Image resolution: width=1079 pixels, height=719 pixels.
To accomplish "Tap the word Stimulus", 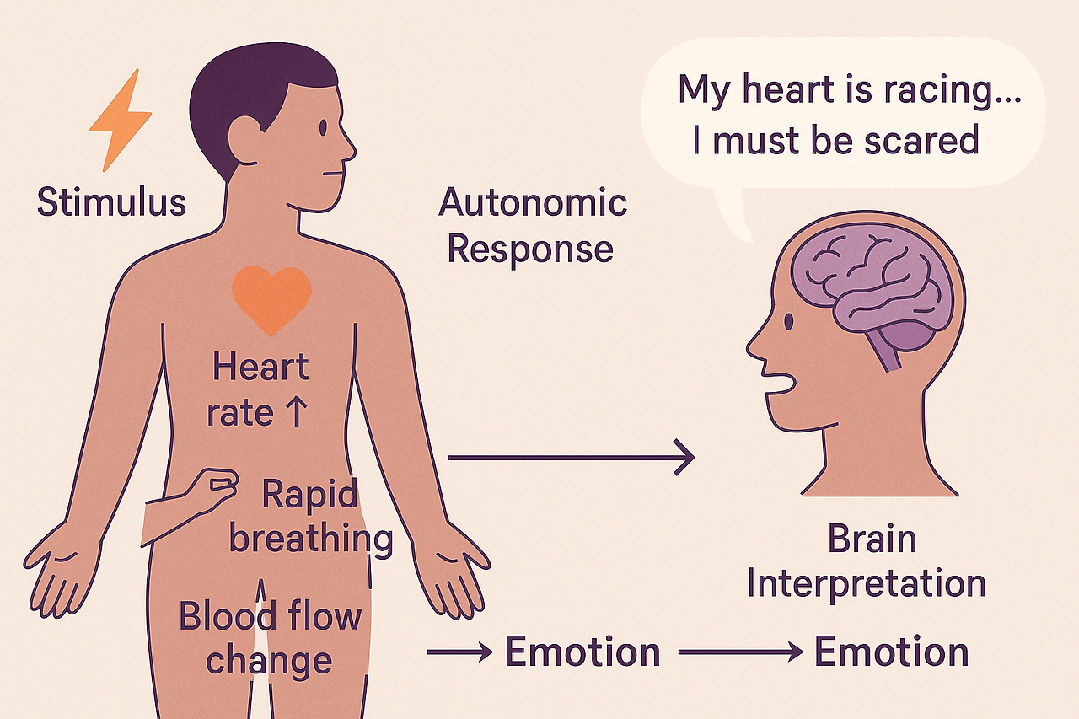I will tap(111, 202).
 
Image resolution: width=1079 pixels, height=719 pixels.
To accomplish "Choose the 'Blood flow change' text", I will tap(269, 638).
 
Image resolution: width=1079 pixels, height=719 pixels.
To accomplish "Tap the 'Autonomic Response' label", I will tap(533, 226).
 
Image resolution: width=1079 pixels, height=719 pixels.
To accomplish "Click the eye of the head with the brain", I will tap(788, 322).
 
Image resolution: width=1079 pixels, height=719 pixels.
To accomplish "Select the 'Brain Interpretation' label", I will tap(867, 561).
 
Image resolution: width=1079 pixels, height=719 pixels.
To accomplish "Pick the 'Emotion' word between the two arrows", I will tap(582, 652).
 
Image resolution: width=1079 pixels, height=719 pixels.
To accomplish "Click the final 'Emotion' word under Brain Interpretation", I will tap(891, 652).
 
